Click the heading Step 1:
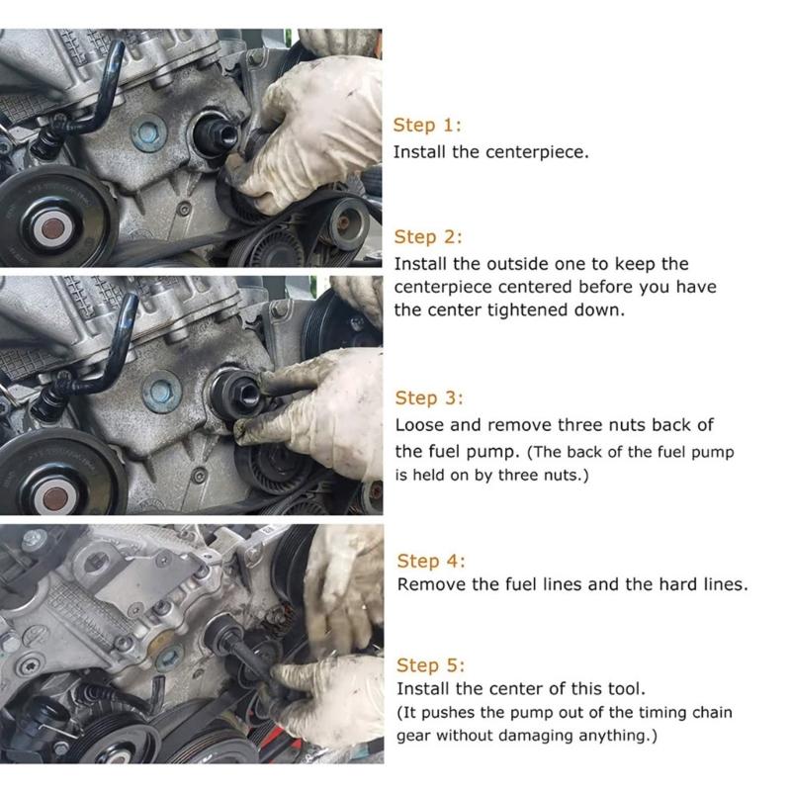(x=427, y=126)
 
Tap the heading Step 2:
(x=428, y=237)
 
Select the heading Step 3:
(x=429, y=398)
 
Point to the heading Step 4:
(x=430, y=561)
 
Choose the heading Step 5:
(x=430, y=665)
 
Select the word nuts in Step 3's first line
(x=653, y=425)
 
